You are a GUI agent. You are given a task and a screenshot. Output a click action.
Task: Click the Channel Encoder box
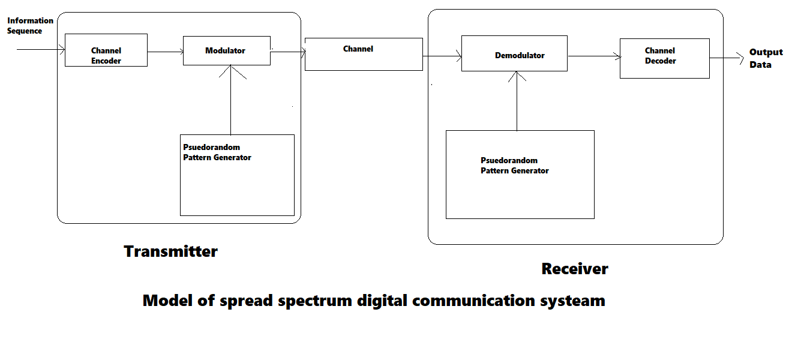click(106, 50)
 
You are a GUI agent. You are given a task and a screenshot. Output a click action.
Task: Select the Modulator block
click(226, 51)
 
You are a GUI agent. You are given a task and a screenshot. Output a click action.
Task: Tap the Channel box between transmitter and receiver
click(364, 54)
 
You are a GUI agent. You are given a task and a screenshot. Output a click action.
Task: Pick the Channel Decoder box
click(664, 58)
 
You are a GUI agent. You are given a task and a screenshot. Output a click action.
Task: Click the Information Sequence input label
click(30, 26)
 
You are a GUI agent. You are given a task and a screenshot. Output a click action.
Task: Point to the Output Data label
click(766, 58)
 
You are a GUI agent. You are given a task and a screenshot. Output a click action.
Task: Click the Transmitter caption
click(170, 251)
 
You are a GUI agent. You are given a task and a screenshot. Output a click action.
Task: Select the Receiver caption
click(574, 269)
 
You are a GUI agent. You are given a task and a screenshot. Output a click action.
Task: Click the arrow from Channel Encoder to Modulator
click(166, 52)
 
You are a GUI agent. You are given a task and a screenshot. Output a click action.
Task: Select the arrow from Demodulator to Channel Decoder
click(594, 57)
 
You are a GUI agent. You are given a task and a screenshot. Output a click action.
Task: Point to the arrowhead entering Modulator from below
click(231, 71)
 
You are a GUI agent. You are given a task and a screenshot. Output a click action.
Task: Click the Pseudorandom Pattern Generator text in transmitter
click(217, 152)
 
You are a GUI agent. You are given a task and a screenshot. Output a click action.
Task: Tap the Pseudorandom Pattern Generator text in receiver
click(514, 166)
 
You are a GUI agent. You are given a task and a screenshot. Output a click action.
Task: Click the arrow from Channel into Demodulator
click(442, 57)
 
